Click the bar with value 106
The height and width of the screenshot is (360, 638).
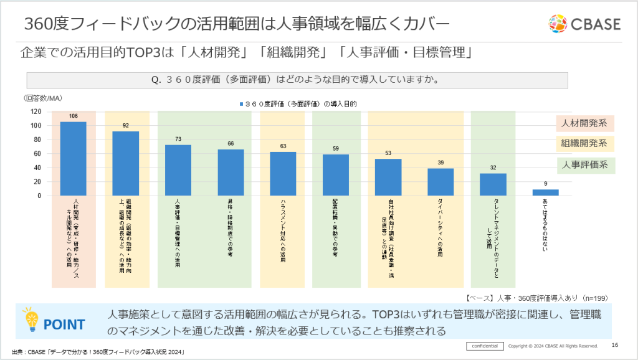[x=74, y=159]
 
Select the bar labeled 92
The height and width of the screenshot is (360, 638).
[x=126, y=164]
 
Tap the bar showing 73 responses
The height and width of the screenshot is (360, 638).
[x=178, y=170]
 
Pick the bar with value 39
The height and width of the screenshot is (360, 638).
[x=440, y=182]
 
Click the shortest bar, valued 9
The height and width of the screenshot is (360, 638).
[x=545, y=192]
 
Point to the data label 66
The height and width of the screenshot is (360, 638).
[x=231, y=144]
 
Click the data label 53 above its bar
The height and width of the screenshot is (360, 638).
[x=388, y=153]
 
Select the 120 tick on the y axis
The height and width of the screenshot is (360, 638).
[x=36, y=112]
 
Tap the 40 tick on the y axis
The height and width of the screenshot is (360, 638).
[x=37, y=168]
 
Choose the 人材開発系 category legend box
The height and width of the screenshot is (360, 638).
[x=584, y=123]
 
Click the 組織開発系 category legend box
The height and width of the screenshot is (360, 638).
[x=584, y=143]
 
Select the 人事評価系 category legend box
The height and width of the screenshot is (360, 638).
[x=584, y=164]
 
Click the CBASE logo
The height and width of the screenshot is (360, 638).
[x=584, y=24]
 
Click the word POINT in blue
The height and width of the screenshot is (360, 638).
[x=65, y=324]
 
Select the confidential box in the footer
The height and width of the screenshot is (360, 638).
[x=485, y=346]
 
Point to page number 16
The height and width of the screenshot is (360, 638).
[x=615, y=346]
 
